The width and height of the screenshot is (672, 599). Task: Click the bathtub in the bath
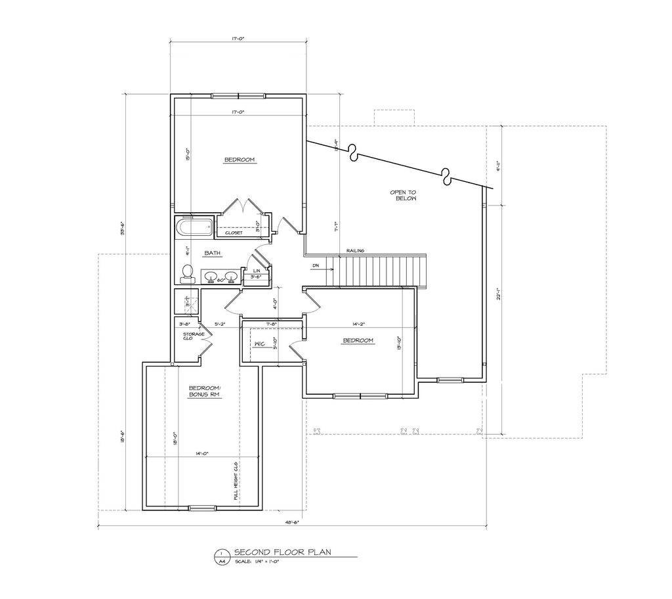tap(194, 229)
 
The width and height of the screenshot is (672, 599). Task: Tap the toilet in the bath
tap(187, 273)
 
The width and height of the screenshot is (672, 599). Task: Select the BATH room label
tap(211, 252)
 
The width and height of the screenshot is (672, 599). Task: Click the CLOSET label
tap(234, 233)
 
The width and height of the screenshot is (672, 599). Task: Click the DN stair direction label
tap(316, 266)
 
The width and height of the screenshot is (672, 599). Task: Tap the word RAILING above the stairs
tap(356, 250)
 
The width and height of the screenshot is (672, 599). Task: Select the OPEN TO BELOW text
tap(403, 195)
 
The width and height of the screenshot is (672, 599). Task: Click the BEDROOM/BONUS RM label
tap(205, 391)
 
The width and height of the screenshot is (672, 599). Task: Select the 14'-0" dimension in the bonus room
tap(201, 453)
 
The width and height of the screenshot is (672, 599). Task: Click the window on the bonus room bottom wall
tap(201, 507)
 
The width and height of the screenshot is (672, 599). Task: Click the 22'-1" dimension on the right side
tap(499, 296)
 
